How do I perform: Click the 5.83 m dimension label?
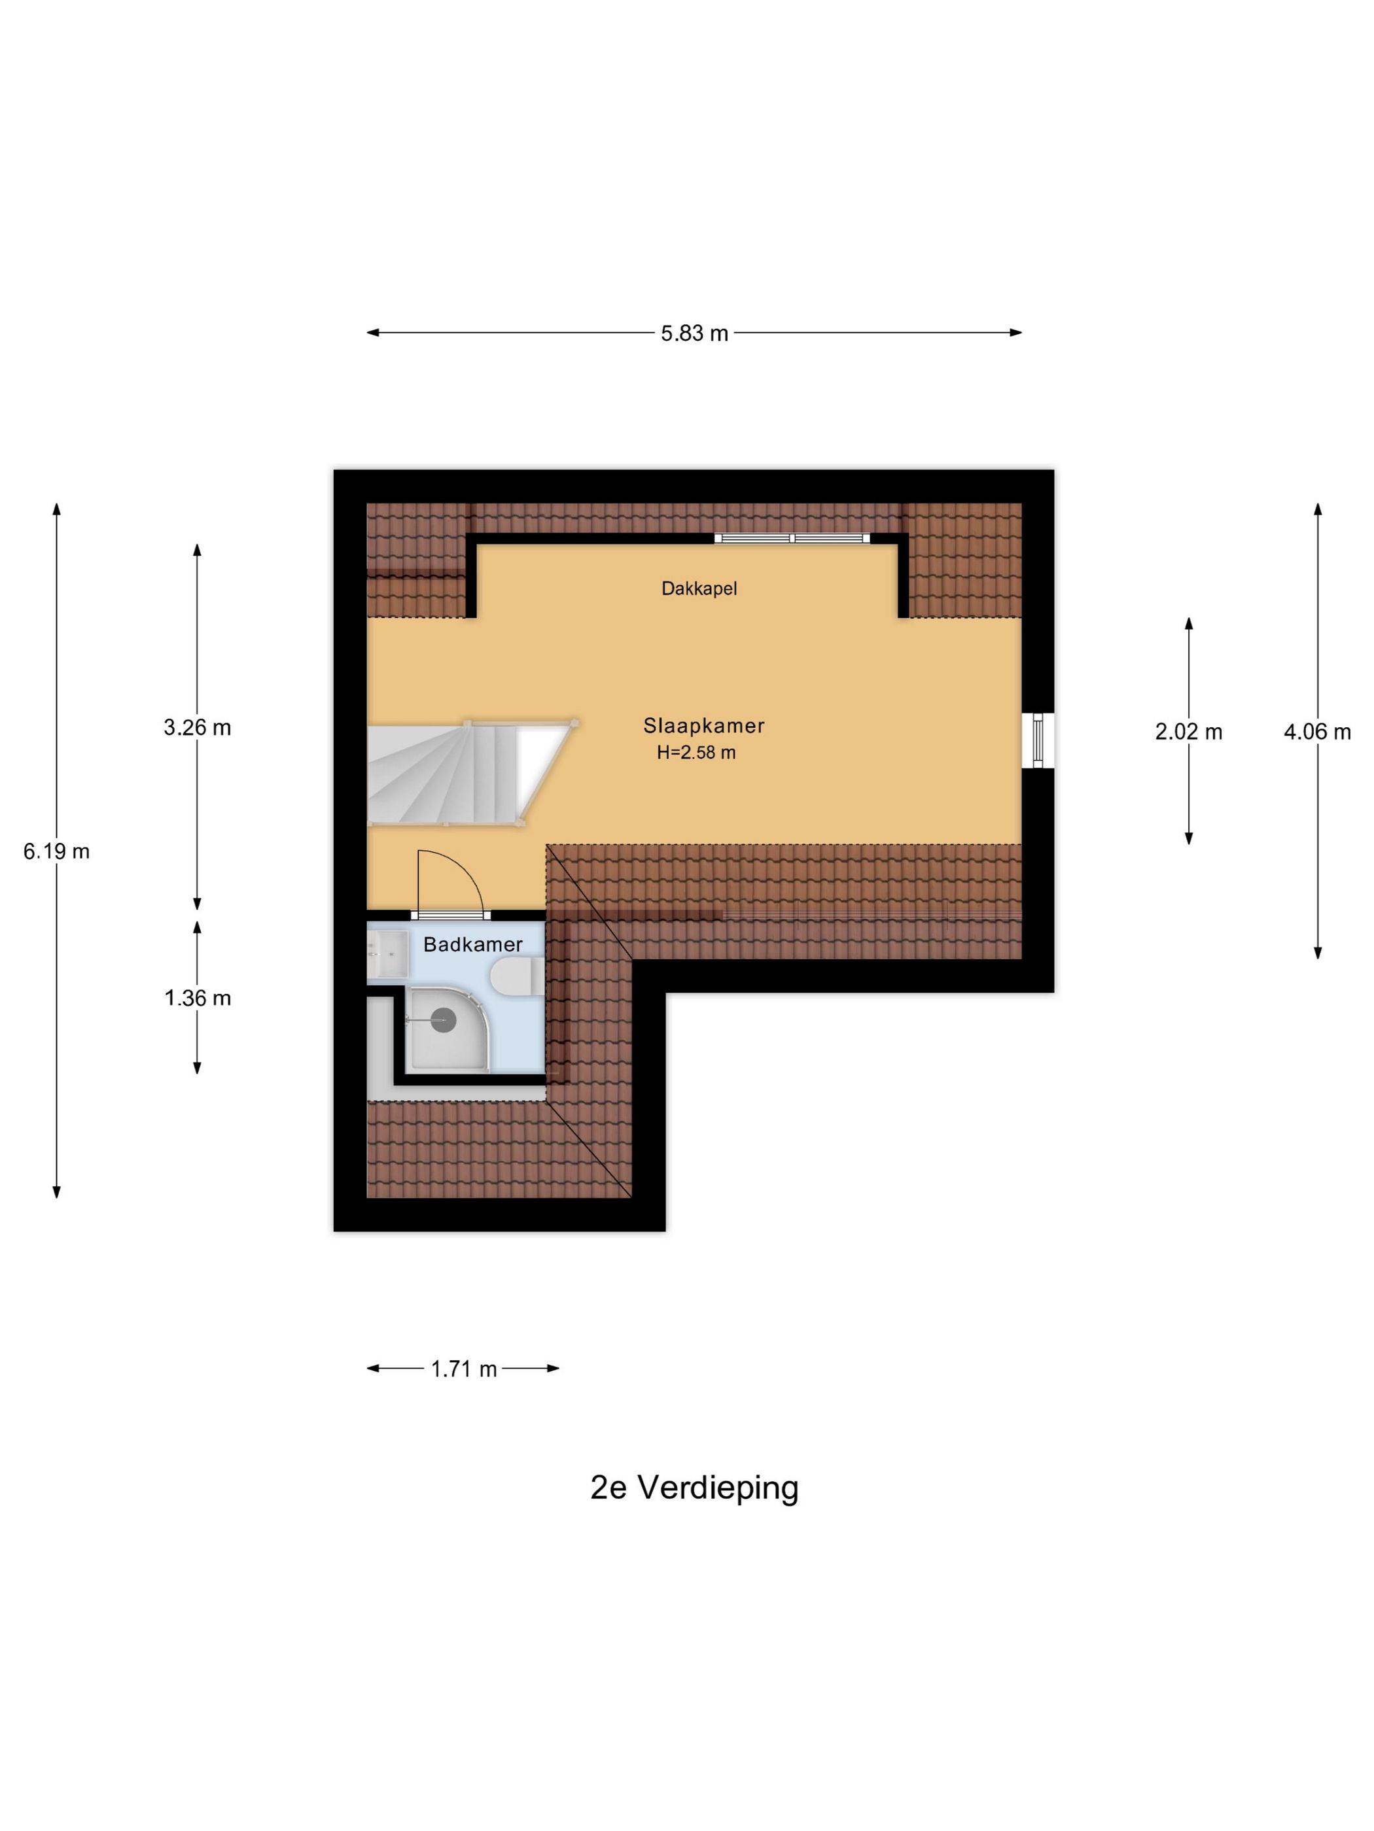click(x=694, y=333)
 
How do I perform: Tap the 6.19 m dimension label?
click(x=56, y=851)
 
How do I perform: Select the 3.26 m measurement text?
click(x=197, y=728)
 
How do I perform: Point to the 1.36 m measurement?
click(x=197, y=999)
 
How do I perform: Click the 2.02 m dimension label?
click(x=1188, y=732)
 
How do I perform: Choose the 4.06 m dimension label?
click(x=1317, y=732)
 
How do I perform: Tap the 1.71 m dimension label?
click(x=464, y=1369)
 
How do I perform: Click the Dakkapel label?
click(x=699, y=589)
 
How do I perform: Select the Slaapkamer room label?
click(x=703, y=726)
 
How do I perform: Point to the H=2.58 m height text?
click(x=696, y=753)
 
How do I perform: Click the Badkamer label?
click(x=473, y=944)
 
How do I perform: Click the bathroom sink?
click(x=387, y=954)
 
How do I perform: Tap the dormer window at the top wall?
click(x=792, y=538)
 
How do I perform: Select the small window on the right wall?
click(x=1037, y=740)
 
